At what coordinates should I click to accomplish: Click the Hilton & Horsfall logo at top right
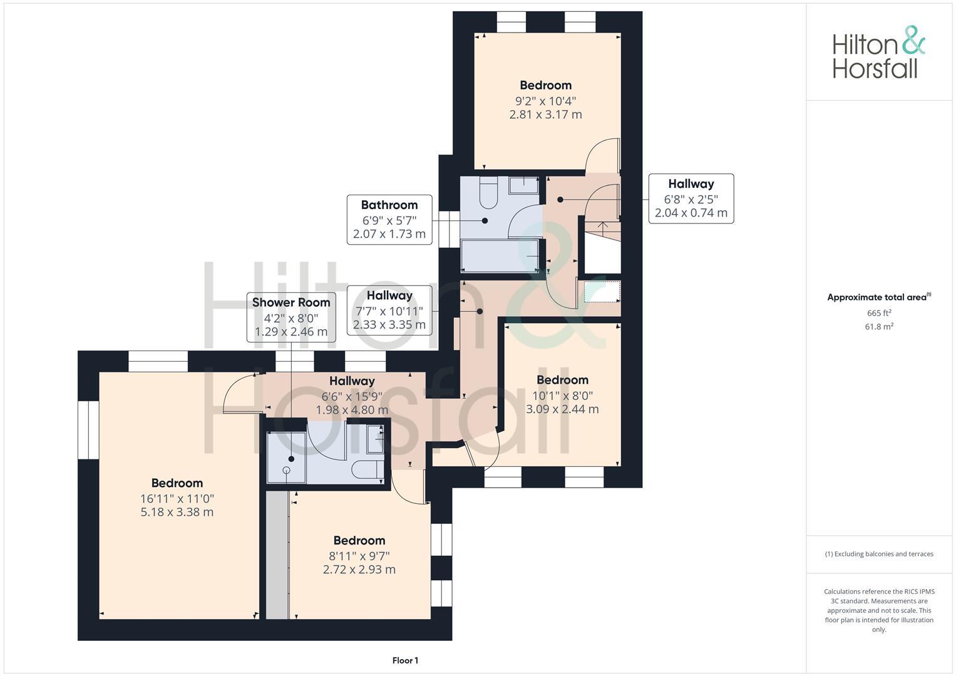(x=878, y=53)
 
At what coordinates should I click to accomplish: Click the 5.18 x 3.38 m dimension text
(x=177, y=512)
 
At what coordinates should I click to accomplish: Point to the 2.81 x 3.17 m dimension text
(x=545, y=115)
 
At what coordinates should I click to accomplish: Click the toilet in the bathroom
(x=488, y=193)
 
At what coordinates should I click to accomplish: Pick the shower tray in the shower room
(x=286, y=458)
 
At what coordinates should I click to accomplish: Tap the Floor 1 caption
(x=405, y=660)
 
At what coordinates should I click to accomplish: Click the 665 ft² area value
(x=879, y=313)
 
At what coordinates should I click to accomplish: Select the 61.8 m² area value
(x=879, y=327)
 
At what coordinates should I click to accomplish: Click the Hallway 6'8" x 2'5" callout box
(x=691, y=198)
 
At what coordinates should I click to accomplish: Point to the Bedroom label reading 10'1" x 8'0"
(x=562, y=381)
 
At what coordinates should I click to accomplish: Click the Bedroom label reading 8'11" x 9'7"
(x=359, y=541)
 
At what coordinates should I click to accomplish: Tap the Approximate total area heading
(x=878, y=297)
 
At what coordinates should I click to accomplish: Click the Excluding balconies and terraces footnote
(x=879, y=554)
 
